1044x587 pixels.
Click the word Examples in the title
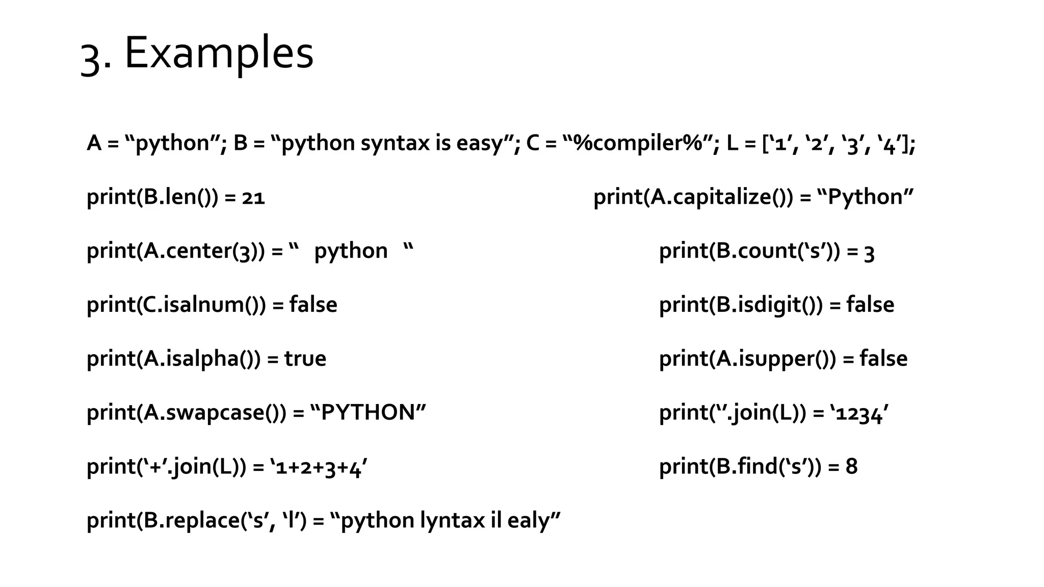[x=219, y=54]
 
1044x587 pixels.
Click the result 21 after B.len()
[x=253, y=197]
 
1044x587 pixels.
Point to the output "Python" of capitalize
[x=865, y=197]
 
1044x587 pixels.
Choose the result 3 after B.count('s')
[x=869, y=252]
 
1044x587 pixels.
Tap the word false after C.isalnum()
[x=313, y=305]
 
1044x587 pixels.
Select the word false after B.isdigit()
[x=870, y=305]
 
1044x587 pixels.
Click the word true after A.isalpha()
[x=305, y=359]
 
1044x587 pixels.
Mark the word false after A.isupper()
[x=883, y=359]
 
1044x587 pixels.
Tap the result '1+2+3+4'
[x=319, y=467]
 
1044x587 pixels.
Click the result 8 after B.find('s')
[x=851, y=467]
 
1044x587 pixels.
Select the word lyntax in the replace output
[x=452, y=521]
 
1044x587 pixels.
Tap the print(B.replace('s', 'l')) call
[x=197, y=521]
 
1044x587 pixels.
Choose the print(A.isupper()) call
[x=747, y=359]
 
